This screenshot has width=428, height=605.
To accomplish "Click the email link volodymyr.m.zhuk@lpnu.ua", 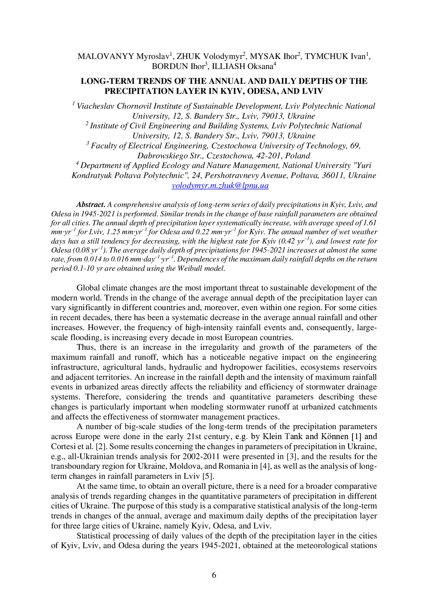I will click(x=220, y=186).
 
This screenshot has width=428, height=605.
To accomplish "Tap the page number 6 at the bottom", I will click(x=214, y=575).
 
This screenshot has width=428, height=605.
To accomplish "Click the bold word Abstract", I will click(x=91, y=205).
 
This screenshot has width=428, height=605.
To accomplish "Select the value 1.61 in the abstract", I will click(x=370, y=223).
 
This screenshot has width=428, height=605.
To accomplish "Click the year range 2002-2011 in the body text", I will click(x=201, y=457).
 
